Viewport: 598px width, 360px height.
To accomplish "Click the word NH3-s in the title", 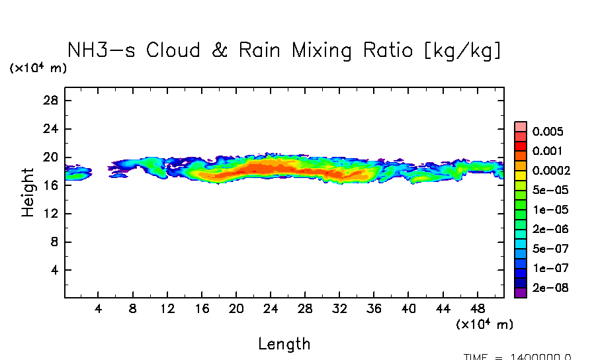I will [101, 50].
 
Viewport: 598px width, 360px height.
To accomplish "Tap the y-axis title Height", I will [28, 192].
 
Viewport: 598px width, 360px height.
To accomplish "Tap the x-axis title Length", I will [284, 344].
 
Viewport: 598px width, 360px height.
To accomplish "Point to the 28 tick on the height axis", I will [52, 101].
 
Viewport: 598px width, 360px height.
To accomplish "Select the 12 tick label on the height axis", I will [52, 214].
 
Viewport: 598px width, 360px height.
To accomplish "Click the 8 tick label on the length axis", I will [133, 308].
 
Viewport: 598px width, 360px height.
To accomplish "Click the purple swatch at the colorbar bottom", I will [521, 293].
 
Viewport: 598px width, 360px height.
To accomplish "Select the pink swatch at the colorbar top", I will [521, 126].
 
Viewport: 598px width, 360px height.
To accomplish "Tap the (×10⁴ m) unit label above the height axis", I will [38, 68].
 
